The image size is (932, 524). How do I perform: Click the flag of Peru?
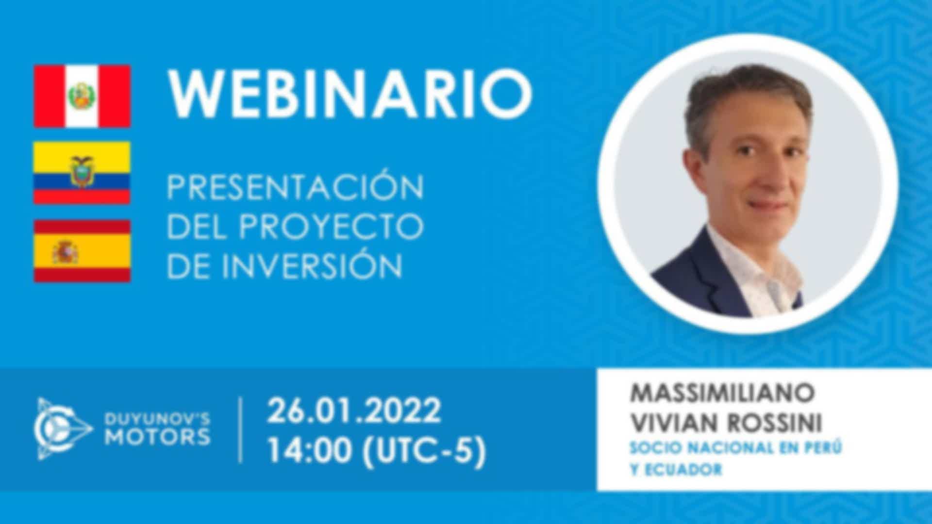tap(82, 96)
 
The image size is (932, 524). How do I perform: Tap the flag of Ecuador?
tap(82, 173)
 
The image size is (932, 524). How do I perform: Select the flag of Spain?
tap(82, 251)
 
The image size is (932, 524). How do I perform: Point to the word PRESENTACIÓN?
tap(295, 186)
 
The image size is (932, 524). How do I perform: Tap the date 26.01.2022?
tap(354, 410)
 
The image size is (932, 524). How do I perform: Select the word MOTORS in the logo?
tap(158, 437)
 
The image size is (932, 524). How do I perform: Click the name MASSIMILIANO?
tap(722, 393)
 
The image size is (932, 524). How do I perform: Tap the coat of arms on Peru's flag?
tap(82, 96)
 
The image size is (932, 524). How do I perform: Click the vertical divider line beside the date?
tap(241, 430)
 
